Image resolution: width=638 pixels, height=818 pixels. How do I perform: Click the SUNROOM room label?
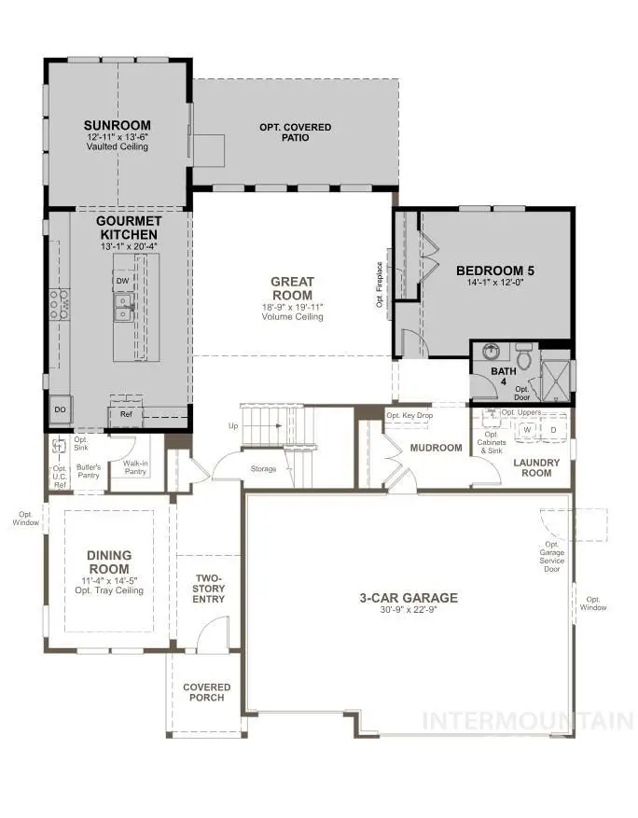click(x=118, y=125)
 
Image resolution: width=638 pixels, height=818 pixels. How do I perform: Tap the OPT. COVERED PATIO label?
click(x=295, y=132)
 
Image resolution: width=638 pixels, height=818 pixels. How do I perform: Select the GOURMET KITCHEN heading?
click(x=130, y=227)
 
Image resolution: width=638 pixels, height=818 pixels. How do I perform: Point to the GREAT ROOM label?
click(x=292, y=288)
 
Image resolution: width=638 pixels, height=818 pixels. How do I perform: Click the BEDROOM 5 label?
click(x=494, y=271)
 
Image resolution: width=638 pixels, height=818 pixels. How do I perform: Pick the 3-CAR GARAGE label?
click(x=409, y=598)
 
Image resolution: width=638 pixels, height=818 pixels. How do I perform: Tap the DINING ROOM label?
click(x=110, y=562)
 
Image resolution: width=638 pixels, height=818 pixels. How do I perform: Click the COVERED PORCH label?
click(x=206, y=692)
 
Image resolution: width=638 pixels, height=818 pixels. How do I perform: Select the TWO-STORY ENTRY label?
click(x=208, y=588)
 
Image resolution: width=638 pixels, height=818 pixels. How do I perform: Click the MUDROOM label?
click(x=436, y=448)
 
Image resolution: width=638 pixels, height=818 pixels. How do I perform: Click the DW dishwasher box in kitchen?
click(x=122, y=281)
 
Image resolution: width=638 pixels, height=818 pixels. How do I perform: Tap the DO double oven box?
click(x=59, y=409)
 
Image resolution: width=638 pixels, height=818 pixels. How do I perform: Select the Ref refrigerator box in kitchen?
click(x=126, y=413)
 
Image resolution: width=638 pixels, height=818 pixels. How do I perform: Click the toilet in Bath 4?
click(x=523, y=357)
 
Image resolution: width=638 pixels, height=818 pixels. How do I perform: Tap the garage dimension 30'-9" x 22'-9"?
click(x=409, y=611)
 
